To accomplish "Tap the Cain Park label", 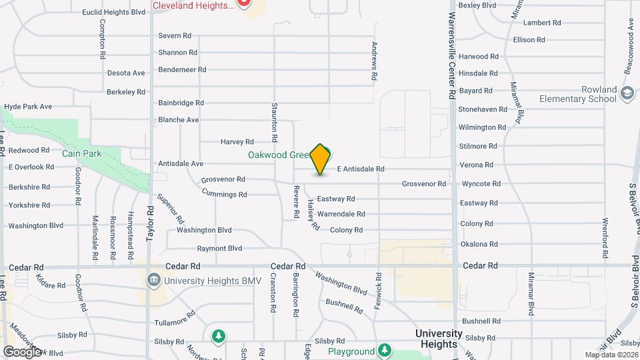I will tap(81, 153).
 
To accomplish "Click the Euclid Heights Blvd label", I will tap(113, 12).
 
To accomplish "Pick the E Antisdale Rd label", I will tap(361, 169).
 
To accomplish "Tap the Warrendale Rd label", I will tap(341, 214).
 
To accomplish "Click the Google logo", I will tap(22, 351).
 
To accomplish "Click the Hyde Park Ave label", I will tap(28, 107).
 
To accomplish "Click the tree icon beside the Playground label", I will tap(384, 350).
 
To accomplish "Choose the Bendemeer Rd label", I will tap(182, 69).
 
